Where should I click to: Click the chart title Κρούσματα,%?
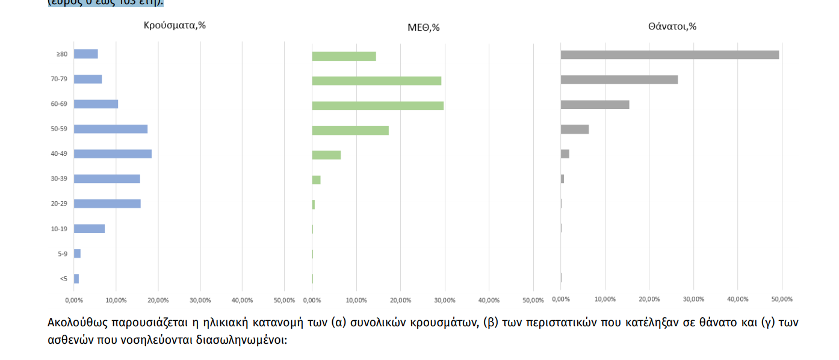[175, 25]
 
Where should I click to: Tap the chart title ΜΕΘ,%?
[423, 28]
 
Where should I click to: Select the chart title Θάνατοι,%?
[672, 26]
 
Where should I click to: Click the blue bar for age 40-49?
[113, 154]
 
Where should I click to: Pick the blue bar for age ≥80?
[85, 54]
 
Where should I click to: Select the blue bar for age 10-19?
[89, 229]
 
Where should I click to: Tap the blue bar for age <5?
[76, 279]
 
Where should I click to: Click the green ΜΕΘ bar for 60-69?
[377, 106]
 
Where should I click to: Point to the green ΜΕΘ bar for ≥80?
[344, 56]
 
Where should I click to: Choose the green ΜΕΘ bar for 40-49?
[326, 155]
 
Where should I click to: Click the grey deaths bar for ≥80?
[669, 55]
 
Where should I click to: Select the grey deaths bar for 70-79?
[619, 79]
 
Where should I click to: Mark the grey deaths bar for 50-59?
[574, 129]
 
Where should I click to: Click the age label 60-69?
[59, 104]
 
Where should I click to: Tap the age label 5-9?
[63, 254]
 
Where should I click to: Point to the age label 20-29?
[59, 204]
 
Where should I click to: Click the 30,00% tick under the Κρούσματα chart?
[200, 300]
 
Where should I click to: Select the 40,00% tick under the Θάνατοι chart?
[737, 299]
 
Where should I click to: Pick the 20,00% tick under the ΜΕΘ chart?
[400, 300]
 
